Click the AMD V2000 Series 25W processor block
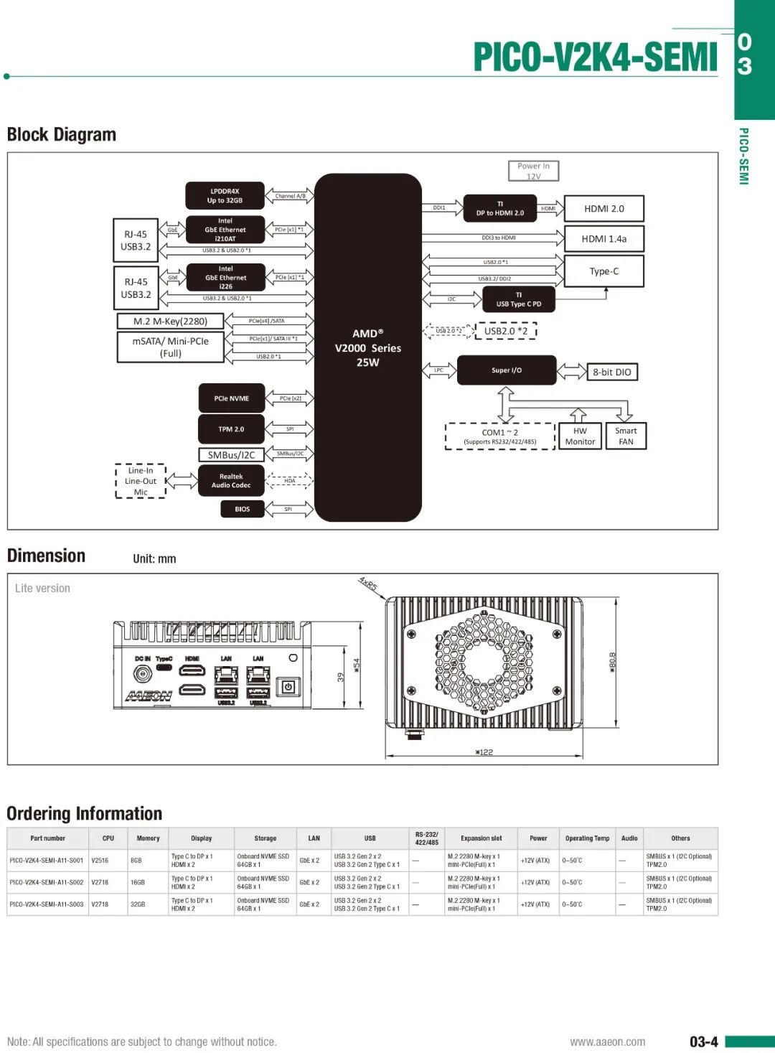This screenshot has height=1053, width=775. (x=367, y=347)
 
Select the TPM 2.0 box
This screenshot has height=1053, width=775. (x=231, y=429)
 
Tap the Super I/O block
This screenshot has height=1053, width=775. (x=507, y=370)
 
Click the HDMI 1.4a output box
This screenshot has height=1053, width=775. (x=603, y=239)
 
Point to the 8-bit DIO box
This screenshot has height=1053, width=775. (x=611, y=373)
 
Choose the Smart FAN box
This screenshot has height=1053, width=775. (x=626, y=436)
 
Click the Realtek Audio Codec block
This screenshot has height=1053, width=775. (x=231, y=481)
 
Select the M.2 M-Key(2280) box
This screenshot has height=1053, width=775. (x=170, y=322)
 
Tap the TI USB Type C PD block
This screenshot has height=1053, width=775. (x=519, y=299)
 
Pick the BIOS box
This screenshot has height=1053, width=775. (x=243, y=509)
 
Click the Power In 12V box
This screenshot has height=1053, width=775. (x=533, y=171)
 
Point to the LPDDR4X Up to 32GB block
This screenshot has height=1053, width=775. (x=225, y=196)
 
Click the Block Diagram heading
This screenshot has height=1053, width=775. (x=62, y=135)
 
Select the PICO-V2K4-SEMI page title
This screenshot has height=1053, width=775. (x=595, y=57)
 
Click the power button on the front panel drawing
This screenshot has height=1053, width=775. (x=288, y=686)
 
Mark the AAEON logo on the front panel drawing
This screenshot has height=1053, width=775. (x=149, y=696)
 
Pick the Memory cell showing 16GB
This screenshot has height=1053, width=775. (x=137, y=883)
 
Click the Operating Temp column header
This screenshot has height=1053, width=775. (x=587, y=838)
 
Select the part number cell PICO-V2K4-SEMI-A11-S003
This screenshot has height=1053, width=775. (x=47, y=904)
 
